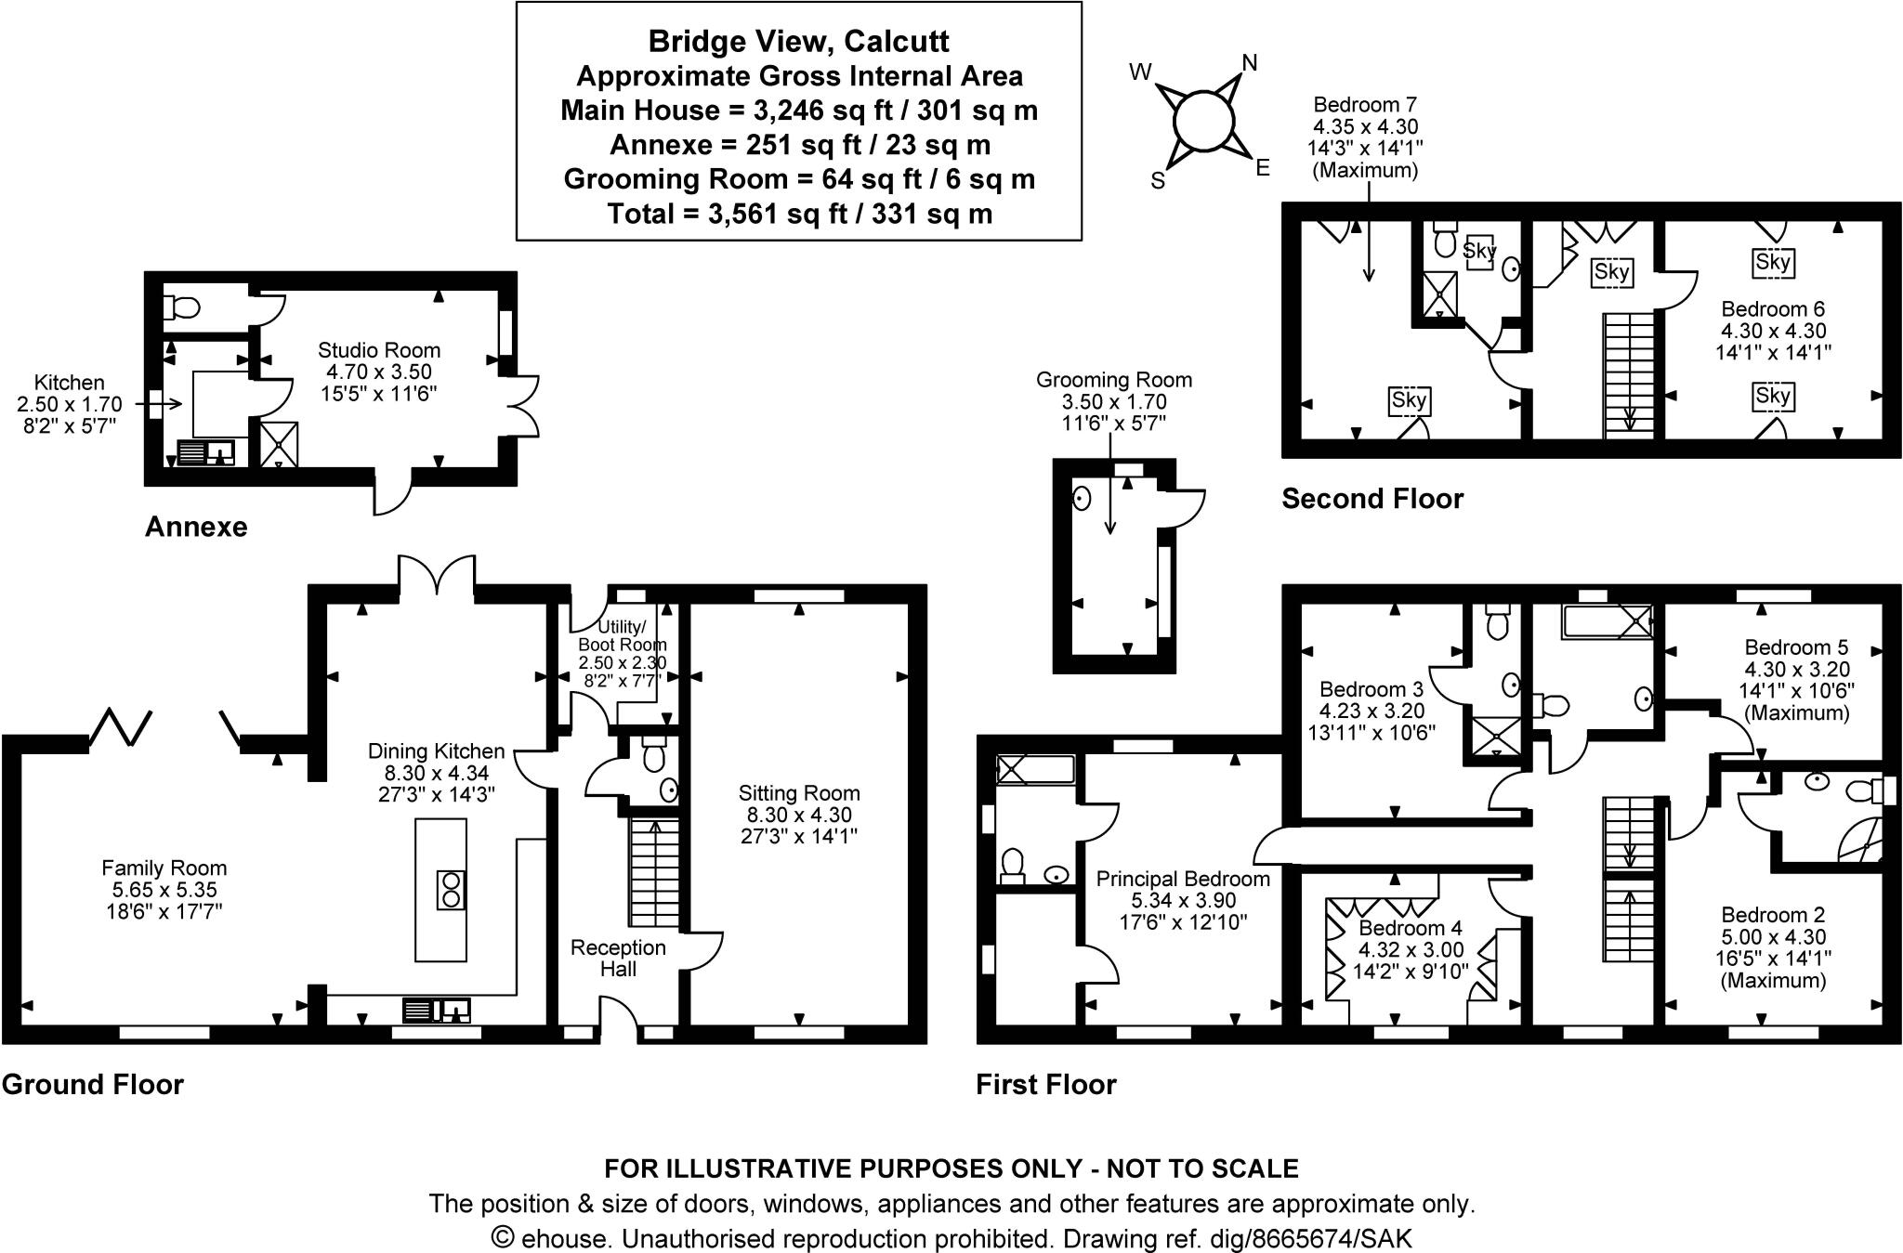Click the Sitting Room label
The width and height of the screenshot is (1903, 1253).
point(799,793)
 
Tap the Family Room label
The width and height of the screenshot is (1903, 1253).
point(164,868)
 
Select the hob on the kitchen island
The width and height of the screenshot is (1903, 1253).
point(451,890)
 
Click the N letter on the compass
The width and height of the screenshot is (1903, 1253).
point(1250,62)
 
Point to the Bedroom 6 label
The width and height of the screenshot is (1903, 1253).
point(1773,308)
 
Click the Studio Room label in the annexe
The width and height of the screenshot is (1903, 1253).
point(379,350)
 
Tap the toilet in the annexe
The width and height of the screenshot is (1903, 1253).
point(181,307)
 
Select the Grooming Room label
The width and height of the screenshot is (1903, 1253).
point(1114,380)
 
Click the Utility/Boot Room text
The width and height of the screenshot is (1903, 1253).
point(622,635)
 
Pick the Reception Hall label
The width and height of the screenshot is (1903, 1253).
point(618,958)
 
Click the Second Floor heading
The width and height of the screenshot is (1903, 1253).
point(1372,499)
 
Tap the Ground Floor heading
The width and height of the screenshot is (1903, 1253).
point(93,1084)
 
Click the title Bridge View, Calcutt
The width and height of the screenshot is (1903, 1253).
point(799,42)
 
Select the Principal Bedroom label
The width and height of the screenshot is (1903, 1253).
point(1183,879)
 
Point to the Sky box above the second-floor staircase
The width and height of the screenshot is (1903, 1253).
point(1611,272)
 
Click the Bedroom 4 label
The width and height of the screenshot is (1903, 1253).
point(1410,928)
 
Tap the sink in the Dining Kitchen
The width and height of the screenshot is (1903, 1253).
point(437,1009)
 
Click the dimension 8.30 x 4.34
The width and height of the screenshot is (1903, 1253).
point(437,773)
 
